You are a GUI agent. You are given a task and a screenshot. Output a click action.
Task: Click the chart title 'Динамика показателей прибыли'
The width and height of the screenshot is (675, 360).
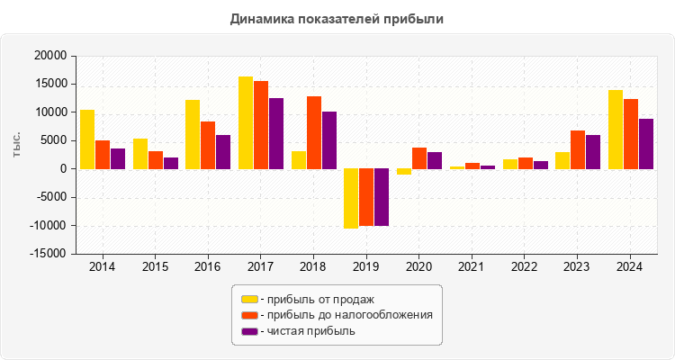[x=337, y=18]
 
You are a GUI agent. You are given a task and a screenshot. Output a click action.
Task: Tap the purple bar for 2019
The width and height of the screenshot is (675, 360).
[x=382, y=197]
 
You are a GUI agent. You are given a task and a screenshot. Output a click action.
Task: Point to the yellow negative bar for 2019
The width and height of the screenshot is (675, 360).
[x=351, y=198]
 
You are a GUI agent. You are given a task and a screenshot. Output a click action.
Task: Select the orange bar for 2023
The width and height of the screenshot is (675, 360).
[x=578, y=149]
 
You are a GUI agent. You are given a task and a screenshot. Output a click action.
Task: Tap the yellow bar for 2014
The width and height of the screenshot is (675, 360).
[x=87, y=139]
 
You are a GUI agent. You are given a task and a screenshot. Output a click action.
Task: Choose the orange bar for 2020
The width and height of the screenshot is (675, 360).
[x=419, y=157]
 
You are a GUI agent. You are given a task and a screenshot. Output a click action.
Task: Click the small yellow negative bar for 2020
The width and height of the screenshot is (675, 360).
[x=404, y=171]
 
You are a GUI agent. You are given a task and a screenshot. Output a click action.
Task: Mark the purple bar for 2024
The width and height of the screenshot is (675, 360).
[x=646, y=143]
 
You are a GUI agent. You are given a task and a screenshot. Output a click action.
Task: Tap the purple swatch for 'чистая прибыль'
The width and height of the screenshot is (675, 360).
[x=249, y=331]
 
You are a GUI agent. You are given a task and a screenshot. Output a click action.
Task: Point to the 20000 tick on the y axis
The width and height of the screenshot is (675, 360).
[x=49, y=56]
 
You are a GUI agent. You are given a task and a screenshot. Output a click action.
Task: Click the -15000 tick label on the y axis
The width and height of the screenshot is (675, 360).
[x=48, y=255]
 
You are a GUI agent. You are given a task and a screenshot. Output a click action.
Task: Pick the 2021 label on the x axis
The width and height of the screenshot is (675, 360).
[x=472, y=267]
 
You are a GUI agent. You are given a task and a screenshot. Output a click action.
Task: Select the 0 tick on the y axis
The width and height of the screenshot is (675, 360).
[x=62, y=169]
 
